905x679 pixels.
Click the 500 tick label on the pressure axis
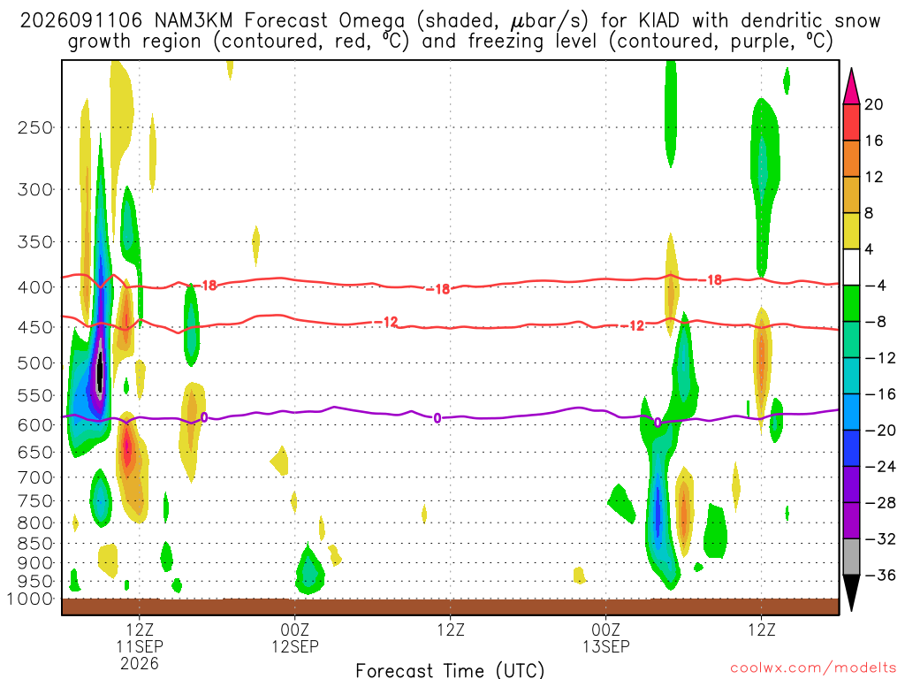pos(35,363)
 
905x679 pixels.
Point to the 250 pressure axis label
pos(35,127)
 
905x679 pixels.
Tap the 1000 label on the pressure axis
pos(30,599)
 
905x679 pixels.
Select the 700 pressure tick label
pos(35,477)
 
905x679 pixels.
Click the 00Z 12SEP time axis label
pos(295,637)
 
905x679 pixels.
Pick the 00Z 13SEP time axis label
pos(606,637)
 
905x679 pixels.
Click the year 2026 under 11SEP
pos(140,663)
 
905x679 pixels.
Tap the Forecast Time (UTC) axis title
pos(450,670)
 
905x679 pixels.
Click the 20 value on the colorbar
pos(874,104)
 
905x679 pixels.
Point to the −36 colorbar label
pos(880,575)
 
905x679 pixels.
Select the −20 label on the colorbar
pos(880,431)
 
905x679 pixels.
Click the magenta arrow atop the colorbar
pos(851,86)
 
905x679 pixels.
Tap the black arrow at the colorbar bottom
pos(851,592)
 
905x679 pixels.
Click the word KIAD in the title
pos(658,21)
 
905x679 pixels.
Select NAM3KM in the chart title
pos(194,21)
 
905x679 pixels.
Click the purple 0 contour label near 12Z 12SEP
pos(437,418)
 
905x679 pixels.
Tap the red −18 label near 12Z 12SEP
pos(438,289)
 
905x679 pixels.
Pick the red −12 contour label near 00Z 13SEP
pos(633,326)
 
